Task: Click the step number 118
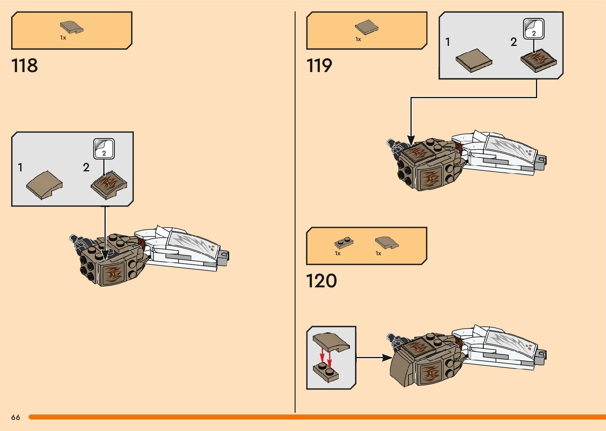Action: tap(25, 65)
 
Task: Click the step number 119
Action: tap(319, 65)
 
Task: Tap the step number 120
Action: tap(321, 281)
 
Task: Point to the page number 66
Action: tap(16, 417)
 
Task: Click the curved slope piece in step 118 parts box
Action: tap(71, 27)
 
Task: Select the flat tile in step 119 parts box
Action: tap(367, 27)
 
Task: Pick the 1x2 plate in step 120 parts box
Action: tap(344, 243)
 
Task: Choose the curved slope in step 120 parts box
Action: tap(387, 243)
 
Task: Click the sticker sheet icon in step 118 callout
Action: tap(104, 149)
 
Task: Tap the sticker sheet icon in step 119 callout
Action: tap(534, 28)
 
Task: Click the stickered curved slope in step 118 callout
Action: tap(109, 185)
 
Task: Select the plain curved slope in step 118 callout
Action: tap(44, 185)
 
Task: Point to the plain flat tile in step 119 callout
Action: tap(474, 60)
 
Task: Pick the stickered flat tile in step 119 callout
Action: tap(539, 60)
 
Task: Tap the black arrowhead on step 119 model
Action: tap(411, 141)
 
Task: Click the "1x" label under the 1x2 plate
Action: tap(338, 254)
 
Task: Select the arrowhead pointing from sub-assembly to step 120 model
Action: tap(387, 358)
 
